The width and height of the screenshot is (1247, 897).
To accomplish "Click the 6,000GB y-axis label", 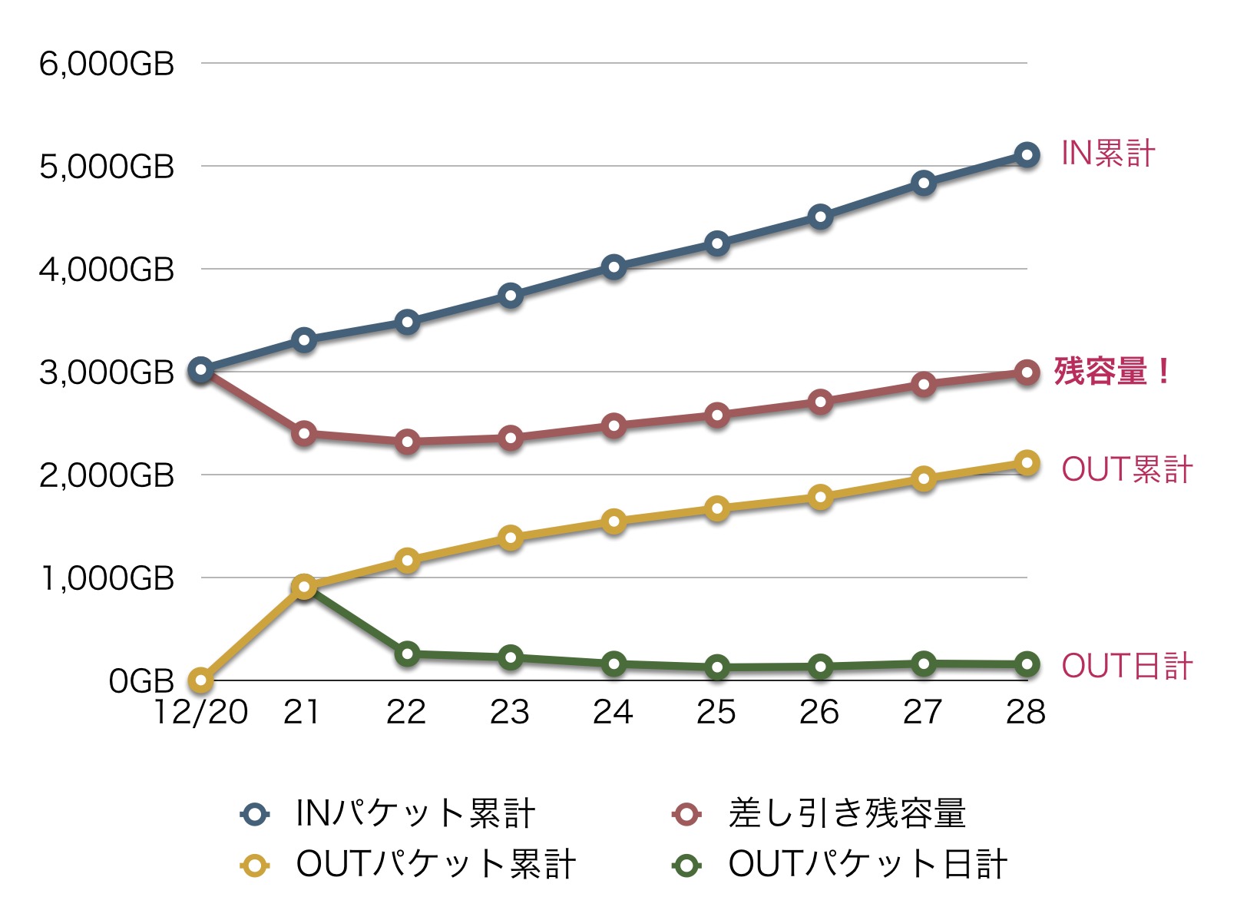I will tap(107, 64).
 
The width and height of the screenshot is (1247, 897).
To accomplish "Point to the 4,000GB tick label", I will tap(107, 270).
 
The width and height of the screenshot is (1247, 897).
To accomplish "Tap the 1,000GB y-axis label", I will tap(107, 578).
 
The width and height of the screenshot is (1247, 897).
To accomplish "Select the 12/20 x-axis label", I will tap(201, 712).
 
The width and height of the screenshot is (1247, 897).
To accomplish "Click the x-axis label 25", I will tap(716, 712).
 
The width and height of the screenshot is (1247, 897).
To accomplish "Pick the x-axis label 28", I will tap(1026, 712).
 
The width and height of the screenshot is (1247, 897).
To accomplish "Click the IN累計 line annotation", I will tap(1107, 154).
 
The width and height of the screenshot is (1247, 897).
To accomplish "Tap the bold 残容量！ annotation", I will tap(1112, 372).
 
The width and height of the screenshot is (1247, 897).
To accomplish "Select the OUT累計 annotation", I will tap(1126, 469).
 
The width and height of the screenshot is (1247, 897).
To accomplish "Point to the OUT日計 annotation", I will tap(1126, 666).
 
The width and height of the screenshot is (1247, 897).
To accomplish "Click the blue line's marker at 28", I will tap(1027, 155).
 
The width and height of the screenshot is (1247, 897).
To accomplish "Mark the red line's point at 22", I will tap(408, 442).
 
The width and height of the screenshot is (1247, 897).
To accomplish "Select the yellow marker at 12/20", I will tap(201, 680).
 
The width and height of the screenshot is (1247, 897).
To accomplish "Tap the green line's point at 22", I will tap(408, 654).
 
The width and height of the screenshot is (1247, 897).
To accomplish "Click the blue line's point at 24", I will tap(614, 267).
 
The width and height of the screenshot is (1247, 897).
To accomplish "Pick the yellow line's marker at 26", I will tap(821, 497).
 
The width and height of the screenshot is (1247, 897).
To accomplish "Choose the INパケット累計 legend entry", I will tap(388, 813).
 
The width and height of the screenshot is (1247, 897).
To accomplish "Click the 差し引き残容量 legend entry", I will tap(819, 813).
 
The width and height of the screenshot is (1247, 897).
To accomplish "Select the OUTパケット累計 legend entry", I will tap(408, 865).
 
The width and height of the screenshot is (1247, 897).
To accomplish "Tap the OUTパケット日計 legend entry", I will tap(839, 865).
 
